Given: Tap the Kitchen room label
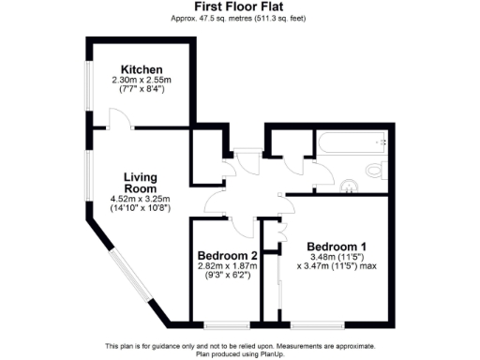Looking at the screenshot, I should coord(142,70).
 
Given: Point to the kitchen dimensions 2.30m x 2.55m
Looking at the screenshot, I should coord(142,81).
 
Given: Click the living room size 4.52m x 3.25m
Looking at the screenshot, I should coord(141,199).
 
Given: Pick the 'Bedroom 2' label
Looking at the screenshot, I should coord(227,256).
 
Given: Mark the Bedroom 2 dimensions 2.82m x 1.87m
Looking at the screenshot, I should coord(227,266).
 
